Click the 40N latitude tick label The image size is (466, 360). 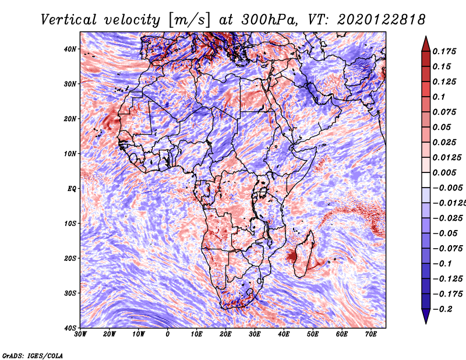click(70, 49)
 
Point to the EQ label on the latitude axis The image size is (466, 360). click(72, 189)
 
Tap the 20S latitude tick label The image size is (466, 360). click(70, 258)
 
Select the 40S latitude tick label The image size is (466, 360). click(70, 328)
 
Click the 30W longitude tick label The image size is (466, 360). click(80, 334)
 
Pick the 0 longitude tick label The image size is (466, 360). click(168, 334)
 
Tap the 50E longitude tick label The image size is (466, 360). click(313, 334)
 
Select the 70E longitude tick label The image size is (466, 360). click(371, 334)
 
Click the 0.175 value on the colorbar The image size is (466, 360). click(444, 51)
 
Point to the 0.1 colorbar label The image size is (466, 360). click(439, 97)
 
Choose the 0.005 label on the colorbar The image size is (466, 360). click(444, 172)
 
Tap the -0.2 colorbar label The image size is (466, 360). click(443, 309)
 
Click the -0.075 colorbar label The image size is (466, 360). click(448, 249)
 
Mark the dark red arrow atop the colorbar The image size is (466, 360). click(426, 44)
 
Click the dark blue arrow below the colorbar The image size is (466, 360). click(426, 316)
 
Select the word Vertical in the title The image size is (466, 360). click(68, 20)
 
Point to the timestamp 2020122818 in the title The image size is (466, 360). click(381, 20)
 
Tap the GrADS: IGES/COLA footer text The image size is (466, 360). click(33, 356)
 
